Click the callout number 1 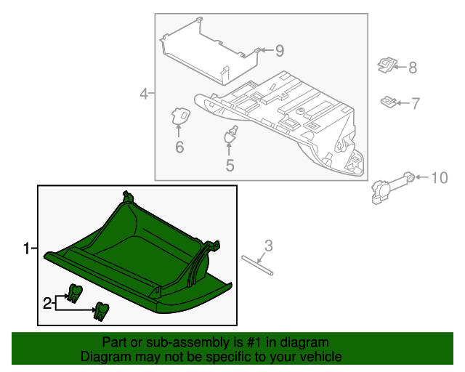pyautogui.click(x=26, y=249)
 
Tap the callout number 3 pyautogui.click(x=268, y=246)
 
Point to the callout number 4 pyautogui.click(x=144, y=93)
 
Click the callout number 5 pyautogui.click(x=230, y=166)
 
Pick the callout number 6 pyautogui.click(x=179, y=147)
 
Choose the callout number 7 pyautogui.click(x=415, y=104)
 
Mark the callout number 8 pyautogui.click(x=412, y=68)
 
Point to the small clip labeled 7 pyautogui.click(x=389, y=101)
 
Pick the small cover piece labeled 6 pyautogui.click(x=180, y=116)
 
